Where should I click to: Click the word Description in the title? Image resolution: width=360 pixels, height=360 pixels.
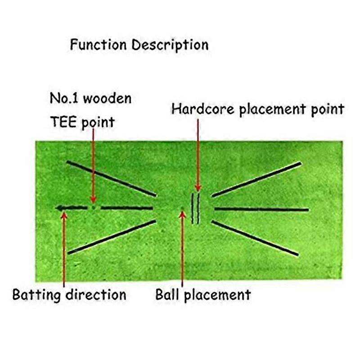pos(170,45)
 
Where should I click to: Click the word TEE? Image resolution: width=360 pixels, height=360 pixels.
pos(63,122)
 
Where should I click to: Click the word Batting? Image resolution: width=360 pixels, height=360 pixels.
pos(36,295)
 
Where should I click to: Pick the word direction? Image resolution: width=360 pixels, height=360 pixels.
pos(96,295)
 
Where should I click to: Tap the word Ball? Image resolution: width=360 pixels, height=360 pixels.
pos(167,295)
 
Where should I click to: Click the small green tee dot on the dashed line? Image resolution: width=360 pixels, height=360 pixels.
pos(93,207)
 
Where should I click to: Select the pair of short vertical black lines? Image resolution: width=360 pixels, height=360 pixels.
pos(195,208)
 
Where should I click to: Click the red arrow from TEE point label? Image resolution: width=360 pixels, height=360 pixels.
pos(93,166)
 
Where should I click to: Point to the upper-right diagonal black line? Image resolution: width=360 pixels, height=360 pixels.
pos(256,179)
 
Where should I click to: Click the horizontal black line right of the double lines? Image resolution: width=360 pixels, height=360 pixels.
pos(261,209)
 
